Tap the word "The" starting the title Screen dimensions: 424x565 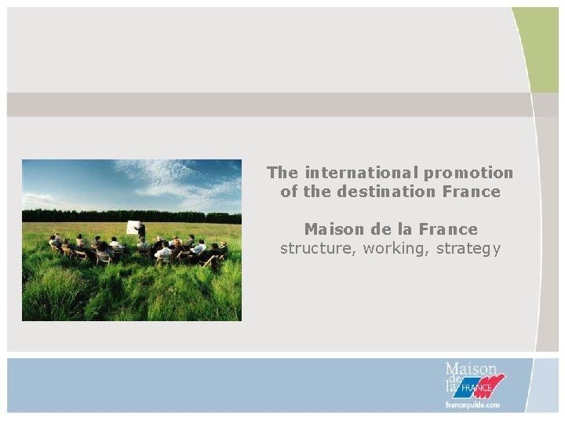[282, 172]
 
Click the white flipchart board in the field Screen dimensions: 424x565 [133, 228]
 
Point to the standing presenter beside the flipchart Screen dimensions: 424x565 [142, 231]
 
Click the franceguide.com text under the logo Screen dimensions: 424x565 [471, 405]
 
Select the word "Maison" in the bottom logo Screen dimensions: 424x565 [471, 369]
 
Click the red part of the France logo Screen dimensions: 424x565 [494, 383]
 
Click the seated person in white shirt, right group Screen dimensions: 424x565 [199, 248]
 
